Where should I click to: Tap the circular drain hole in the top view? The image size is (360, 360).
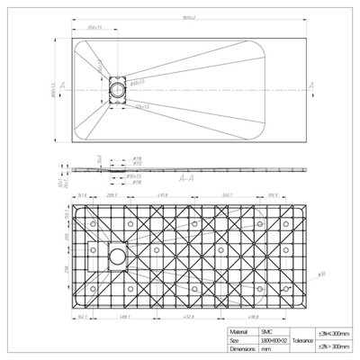pyautogui.click(x=118, y=90)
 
